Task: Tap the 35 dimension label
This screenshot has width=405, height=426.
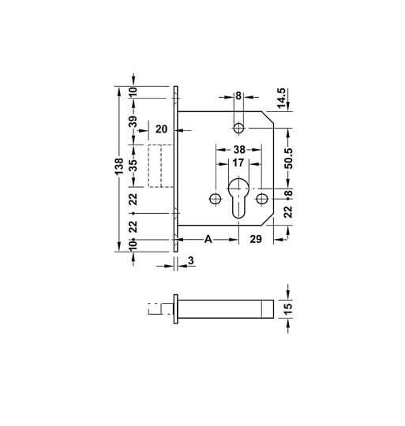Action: click(133, 166)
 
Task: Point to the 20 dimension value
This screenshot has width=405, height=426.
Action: click(162, 129)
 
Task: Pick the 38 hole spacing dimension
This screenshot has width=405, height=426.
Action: click(238, 149)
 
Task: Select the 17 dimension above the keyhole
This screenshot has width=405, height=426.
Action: click(238, 163)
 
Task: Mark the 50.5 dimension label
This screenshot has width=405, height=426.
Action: click(288, 159)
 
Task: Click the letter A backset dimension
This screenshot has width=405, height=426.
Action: click(208, 239)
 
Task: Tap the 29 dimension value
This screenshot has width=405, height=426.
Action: click(256, 239)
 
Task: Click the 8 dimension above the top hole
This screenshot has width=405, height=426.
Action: click(238, 96)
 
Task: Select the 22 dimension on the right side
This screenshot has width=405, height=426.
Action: click(288, 211)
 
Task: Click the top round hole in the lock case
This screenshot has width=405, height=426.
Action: click(238, 128)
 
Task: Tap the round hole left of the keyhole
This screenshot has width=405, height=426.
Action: click(212, 197)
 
